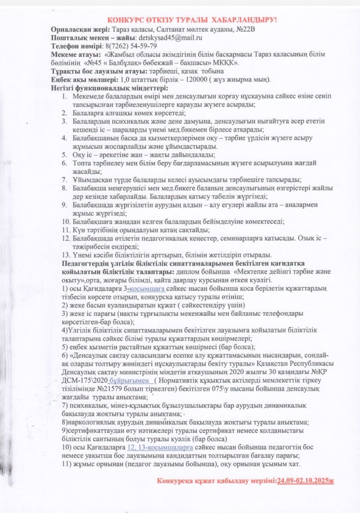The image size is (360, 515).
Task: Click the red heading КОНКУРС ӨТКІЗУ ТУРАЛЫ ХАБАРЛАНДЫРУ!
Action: pyautogui.click(x=192, y=20)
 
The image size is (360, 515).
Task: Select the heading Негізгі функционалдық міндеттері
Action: pyautogui.click(x=109, y=88)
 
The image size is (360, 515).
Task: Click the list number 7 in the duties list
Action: pyautogui.click(x=64, y=180)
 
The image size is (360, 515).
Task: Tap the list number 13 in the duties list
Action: pyautogui.click(x=66, y=255)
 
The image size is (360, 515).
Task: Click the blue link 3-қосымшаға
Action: pyautogui.click(x=148, y=289)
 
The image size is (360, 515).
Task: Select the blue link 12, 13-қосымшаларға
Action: pyautogui.click(x=160, y=447)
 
